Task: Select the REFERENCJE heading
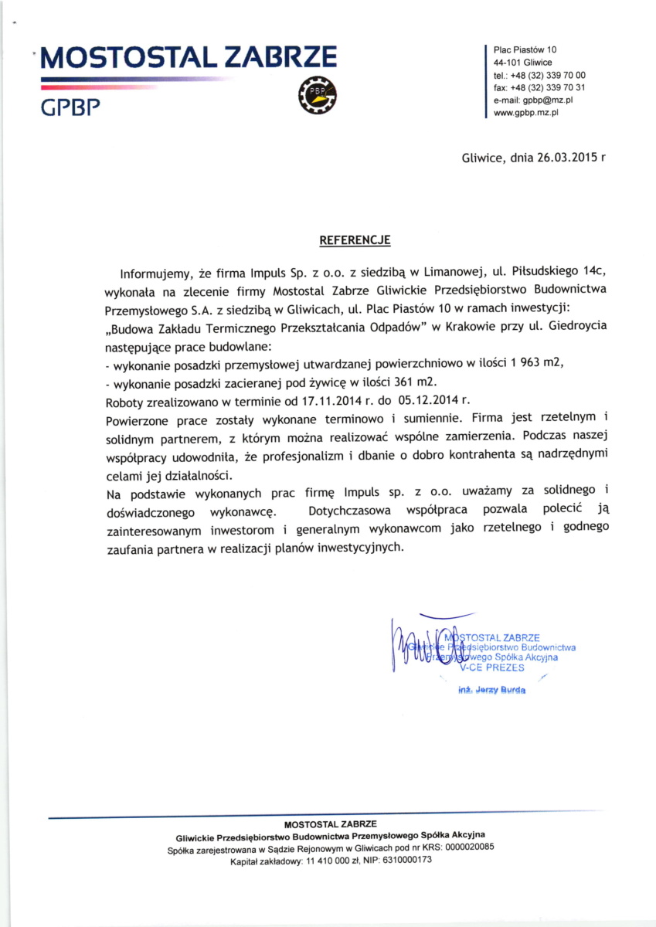point(355,241)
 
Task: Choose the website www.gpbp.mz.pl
point(525,112)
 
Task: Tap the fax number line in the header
point(539,87)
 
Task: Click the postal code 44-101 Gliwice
point(522,63)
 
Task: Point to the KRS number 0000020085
point(461,847)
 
